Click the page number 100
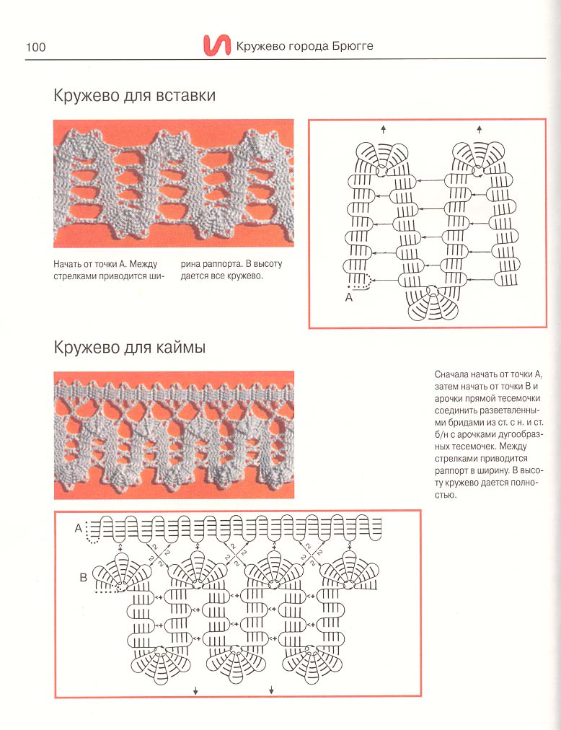[x=35, y=48]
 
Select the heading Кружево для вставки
[x=134, y=96]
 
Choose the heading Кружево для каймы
[x=130, y=348]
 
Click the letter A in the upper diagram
[x=348, y=296]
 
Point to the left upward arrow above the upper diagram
[x=383, y=129]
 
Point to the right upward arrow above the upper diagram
[x=479, y=129]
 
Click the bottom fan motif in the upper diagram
[x=433, y=303]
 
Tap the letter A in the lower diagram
[x=78, y=528]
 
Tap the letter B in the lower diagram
[x=83, y=577]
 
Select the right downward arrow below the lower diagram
[x=271, y=690]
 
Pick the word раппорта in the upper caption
[x=223, y=263]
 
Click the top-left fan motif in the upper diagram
[x=381, y=158]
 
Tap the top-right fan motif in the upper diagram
[x=479, y=158]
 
